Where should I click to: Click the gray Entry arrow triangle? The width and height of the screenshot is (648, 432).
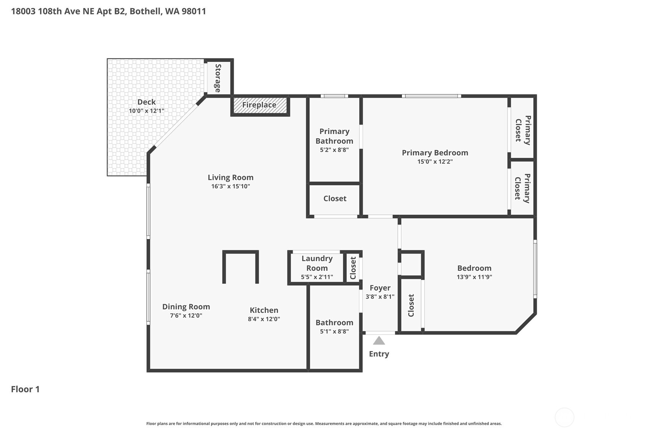point(379,341)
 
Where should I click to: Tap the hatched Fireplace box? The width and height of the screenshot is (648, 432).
point(259,105)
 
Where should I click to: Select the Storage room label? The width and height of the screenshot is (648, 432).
point(218,78)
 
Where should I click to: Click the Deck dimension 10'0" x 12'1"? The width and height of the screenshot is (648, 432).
point(146,111)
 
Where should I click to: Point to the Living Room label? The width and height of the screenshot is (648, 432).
point(230,177)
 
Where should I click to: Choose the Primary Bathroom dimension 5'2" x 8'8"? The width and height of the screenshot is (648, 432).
point(334,150)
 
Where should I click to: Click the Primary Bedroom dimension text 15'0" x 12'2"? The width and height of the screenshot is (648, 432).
point(435,162)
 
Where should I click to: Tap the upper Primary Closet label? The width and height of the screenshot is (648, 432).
point(523,130)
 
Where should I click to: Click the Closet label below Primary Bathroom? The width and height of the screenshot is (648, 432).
point(335,199)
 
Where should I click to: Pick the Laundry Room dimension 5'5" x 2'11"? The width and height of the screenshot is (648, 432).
point(317,277)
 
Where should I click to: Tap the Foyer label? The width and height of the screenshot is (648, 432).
point(380,288)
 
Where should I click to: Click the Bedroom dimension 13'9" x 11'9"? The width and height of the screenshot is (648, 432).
point(474,277)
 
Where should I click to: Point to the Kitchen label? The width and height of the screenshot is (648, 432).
point(264,310)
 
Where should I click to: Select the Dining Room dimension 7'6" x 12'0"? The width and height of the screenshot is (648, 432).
point(186,316)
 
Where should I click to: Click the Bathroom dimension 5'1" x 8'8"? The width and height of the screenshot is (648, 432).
point(334,332)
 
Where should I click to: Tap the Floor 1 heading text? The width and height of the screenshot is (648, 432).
point(25,389)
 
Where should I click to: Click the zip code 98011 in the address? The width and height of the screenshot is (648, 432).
point(194,11)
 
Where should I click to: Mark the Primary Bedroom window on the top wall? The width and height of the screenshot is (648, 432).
point(431,96)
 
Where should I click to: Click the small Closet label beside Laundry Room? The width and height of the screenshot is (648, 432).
point(353,268)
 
